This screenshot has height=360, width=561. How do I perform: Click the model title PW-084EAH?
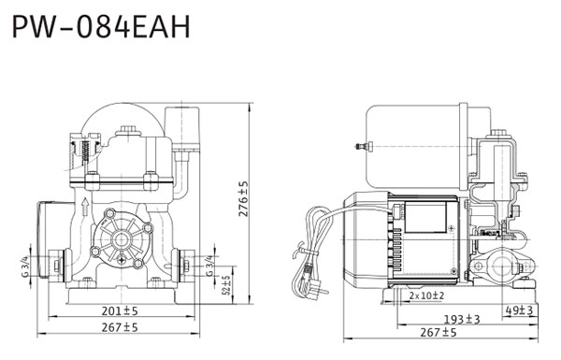(x=101, y=27)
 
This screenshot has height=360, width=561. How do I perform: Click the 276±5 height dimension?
(x=243, y=198)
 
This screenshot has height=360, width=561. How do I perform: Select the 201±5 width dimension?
(x=120, y=311)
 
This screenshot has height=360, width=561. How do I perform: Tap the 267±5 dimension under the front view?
(x=120, y=327)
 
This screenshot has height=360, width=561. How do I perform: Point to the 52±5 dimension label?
(x=226, y=285)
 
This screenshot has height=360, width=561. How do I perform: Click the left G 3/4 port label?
(x=25, y=266)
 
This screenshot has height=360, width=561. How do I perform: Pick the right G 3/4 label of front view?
(x=209, y=266)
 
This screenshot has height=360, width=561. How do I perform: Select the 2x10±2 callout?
(x=426, y=295)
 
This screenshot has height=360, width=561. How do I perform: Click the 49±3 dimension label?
(x=519, y=310)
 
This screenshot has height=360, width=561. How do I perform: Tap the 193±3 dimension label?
(x=462, y=319)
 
